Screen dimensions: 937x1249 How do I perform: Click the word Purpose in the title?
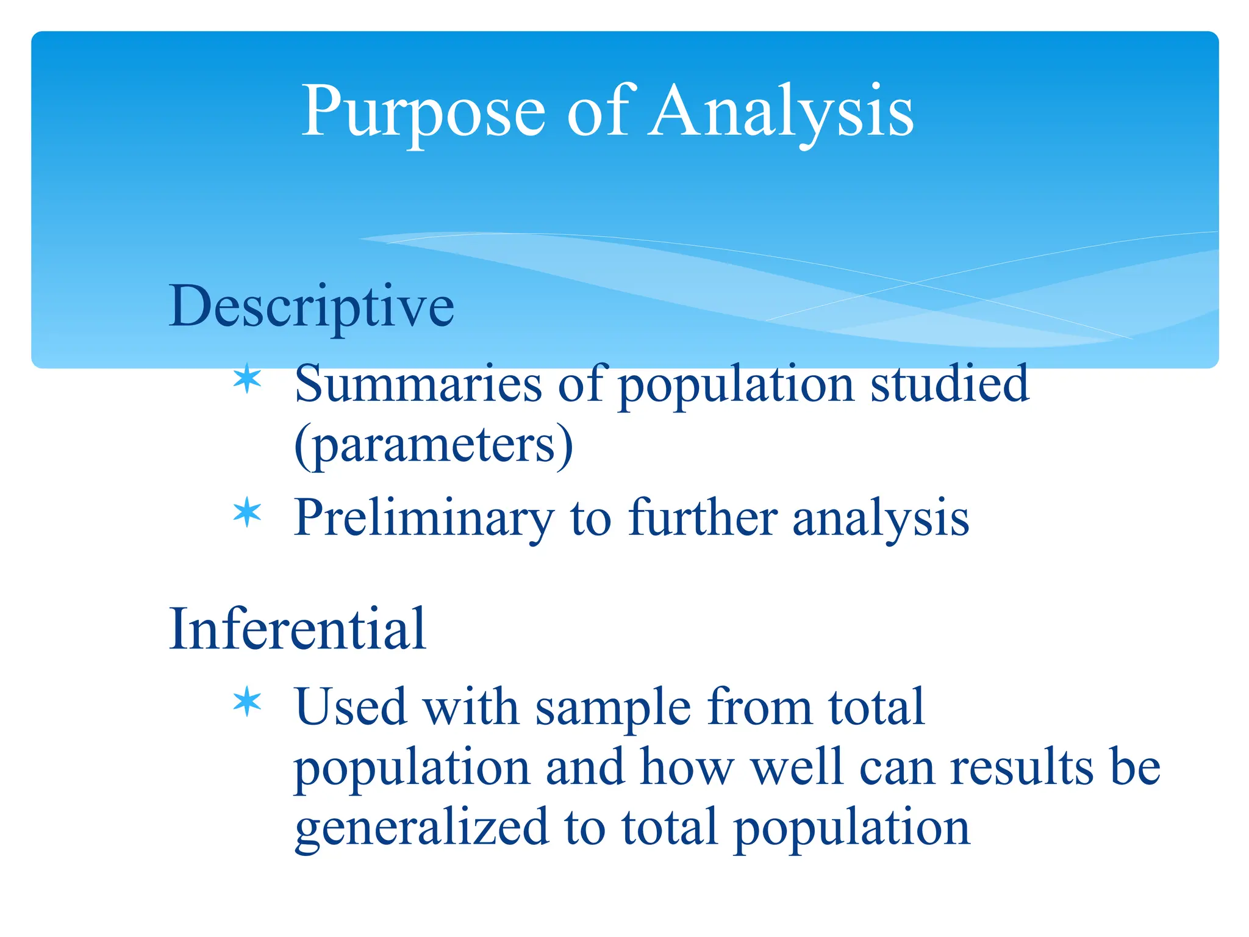423,113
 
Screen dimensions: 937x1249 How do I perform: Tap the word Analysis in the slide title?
781,113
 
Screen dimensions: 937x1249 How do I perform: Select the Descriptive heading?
311,307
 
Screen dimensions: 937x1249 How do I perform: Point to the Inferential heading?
297,629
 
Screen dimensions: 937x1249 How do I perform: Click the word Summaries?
418,384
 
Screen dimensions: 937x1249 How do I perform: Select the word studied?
950,384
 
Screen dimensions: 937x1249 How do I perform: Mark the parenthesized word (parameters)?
434,445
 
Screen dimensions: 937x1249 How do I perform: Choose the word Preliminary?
424,519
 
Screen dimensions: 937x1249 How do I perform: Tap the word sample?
613,708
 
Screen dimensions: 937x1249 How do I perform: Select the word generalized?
421,828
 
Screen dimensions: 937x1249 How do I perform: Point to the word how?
687,767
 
